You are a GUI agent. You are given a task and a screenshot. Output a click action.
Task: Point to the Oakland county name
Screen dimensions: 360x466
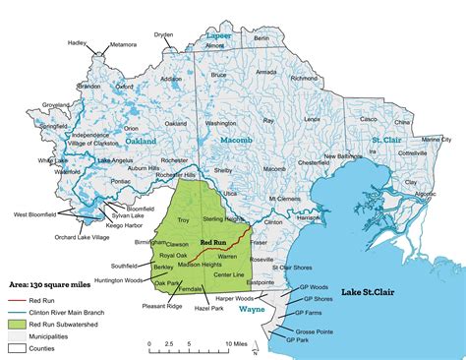pos(141,142)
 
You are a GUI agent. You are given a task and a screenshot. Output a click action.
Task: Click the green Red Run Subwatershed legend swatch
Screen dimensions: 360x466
pos(17,323)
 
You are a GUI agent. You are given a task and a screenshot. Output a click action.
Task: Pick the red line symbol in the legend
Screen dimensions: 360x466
pos(17,295)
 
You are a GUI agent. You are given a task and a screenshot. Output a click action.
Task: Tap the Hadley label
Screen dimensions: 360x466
pos(77,43)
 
